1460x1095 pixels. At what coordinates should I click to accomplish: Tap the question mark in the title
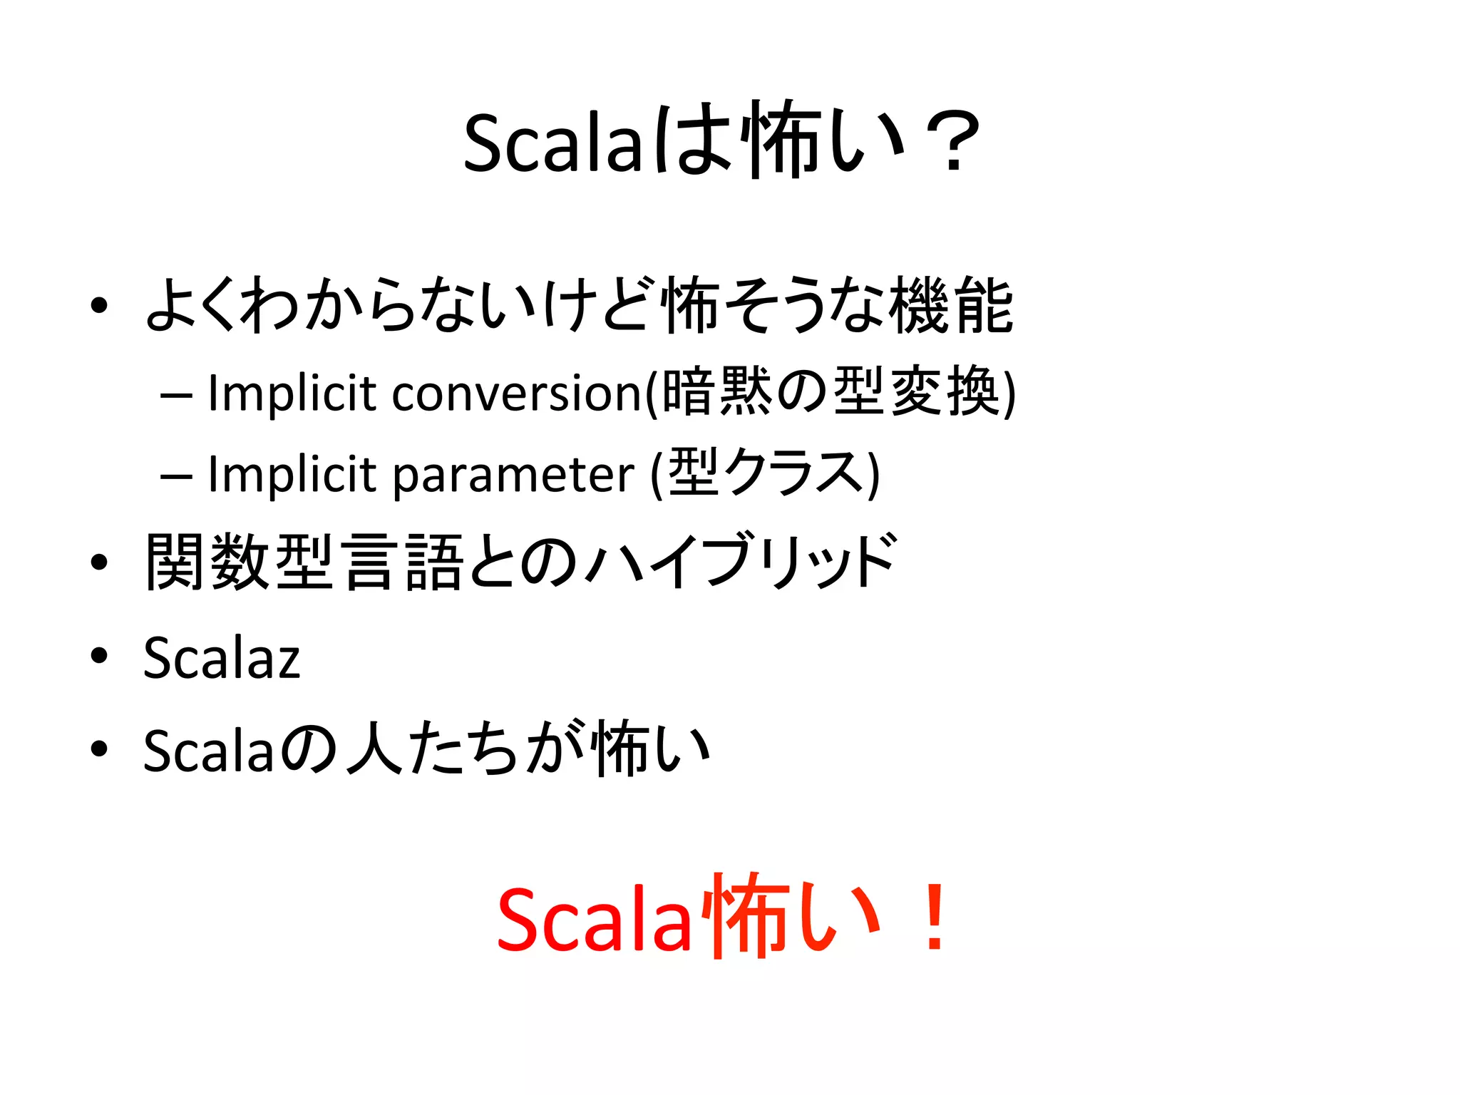(952, 143)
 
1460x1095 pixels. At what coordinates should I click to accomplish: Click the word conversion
(518, 393)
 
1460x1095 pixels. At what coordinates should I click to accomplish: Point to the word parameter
(513, 474)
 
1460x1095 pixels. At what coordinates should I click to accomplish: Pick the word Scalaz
(222, 657)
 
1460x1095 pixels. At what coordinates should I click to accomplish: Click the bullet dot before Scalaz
(99, 654)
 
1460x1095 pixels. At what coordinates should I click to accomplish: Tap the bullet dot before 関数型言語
(99, 562)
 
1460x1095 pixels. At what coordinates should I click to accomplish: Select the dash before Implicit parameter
(176, 475)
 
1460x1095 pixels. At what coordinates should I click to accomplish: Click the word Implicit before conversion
(292, 393)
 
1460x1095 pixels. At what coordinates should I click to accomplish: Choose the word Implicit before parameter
(292, 474)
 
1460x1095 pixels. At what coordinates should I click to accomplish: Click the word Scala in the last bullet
(209, 751)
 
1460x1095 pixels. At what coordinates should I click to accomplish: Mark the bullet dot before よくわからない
(99, 307)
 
